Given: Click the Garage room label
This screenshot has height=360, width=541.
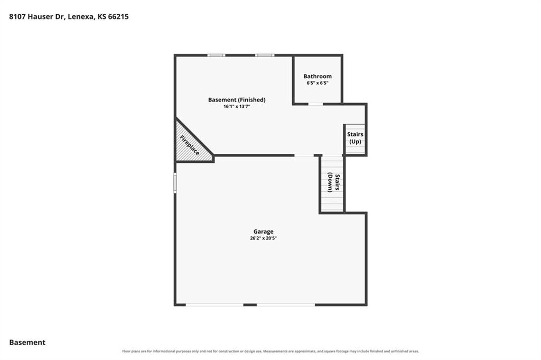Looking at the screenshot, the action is [x=263, y=232].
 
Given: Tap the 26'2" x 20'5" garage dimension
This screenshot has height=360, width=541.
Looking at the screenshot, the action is [x=263, y=238].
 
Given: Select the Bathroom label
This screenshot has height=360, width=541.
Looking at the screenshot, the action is [x=318, y=76].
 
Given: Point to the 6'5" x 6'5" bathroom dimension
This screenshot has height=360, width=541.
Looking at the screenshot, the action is [x=318, y=83].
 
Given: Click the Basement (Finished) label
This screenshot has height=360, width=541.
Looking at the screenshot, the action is [x=237, y=100].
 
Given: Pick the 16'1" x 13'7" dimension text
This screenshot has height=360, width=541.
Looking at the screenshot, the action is [x=237, y=107].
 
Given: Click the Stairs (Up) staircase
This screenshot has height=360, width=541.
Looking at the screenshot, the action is [x=355, y=139].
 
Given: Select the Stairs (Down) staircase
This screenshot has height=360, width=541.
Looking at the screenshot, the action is [x=332, y=183].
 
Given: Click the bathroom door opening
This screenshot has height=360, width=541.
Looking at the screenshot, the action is [x=316, y=104].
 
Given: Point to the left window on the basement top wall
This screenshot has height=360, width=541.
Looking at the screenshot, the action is [x=216, y=55].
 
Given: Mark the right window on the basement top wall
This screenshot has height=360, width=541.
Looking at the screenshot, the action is [x=265, y=55].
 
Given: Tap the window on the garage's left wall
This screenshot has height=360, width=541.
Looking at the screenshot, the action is [x=175, y=183].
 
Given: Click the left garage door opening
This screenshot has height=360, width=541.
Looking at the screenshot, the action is [x=214, y=305].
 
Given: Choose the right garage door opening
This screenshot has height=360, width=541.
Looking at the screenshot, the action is [x=286, y=305].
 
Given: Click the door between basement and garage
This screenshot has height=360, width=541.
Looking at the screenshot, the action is [x=304, y=155].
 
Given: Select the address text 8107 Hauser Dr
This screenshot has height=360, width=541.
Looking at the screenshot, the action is [x=36, y=16].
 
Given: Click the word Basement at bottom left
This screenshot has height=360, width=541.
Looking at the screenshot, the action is [x=27, y=343].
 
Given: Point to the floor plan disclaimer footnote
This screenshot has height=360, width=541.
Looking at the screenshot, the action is [x=270, y=352].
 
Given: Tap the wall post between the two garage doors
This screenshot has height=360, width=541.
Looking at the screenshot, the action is [x=250, y=305].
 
